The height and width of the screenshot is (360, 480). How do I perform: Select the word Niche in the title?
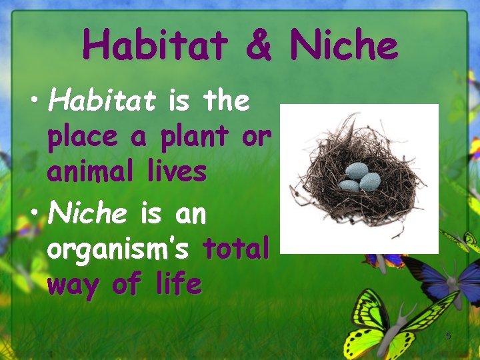[x=344, y=45]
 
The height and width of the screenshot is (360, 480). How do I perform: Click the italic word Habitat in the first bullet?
[x=102, y=101]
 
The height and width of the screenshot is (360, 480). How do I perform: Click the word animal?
[x=91, y=171]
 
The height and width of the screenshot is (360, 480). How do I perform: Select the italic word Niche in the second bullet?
[x=87, y=214]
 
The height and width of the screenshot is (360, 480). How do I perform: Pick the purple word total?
[x=237, y=249]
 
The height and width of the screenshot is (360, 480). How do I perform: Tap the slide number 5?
[x=449, y=336]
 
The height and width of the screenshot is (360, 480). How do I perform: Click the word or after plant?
[x=256, y=137]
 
